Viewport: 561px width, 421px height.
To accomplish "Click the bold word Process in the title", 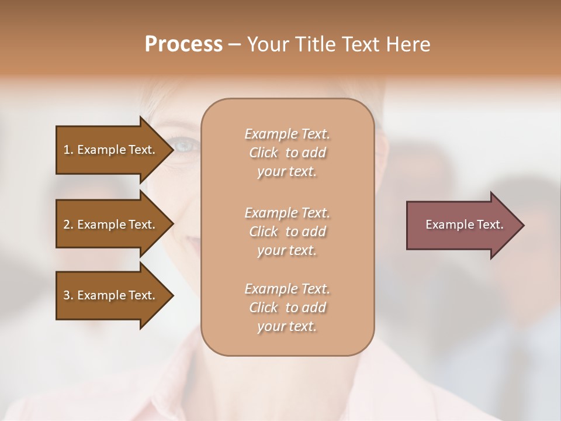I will tap(183, 44).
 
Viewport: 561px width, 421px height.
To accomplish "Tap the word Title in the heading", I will tap(313, 44).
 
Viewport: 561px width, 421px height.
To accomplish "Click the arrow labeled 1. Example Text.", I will tap(111, 150).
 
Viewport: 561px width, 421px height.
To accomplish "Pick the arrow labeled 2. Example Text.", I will tap(111, 225).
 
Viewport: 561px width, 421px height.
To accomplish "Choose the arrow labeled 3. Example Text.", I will tap(111, 295).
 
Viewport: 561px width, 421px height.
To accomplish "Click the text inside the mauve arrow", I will tap(464, 225).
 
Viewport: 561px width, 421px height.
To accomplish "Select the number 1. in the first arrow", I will tap(68, 150).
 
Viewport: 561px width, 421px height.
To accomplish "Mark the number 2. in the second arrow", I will tap(68, 225).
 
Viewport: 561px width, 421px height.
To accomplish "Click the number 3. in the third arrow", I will tap(68, 295).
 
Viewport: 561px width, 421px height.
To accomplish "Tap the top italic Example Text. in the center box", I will tap(287, 134).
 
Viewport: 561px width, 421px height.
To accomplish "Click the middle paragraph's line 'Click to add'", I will tap(287, 232).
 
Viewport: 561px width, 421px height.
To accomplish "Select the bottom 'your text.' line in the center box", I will tap(287, 326).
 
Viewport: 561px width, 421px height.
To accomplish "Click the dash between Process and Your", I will tap(234, 44).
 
